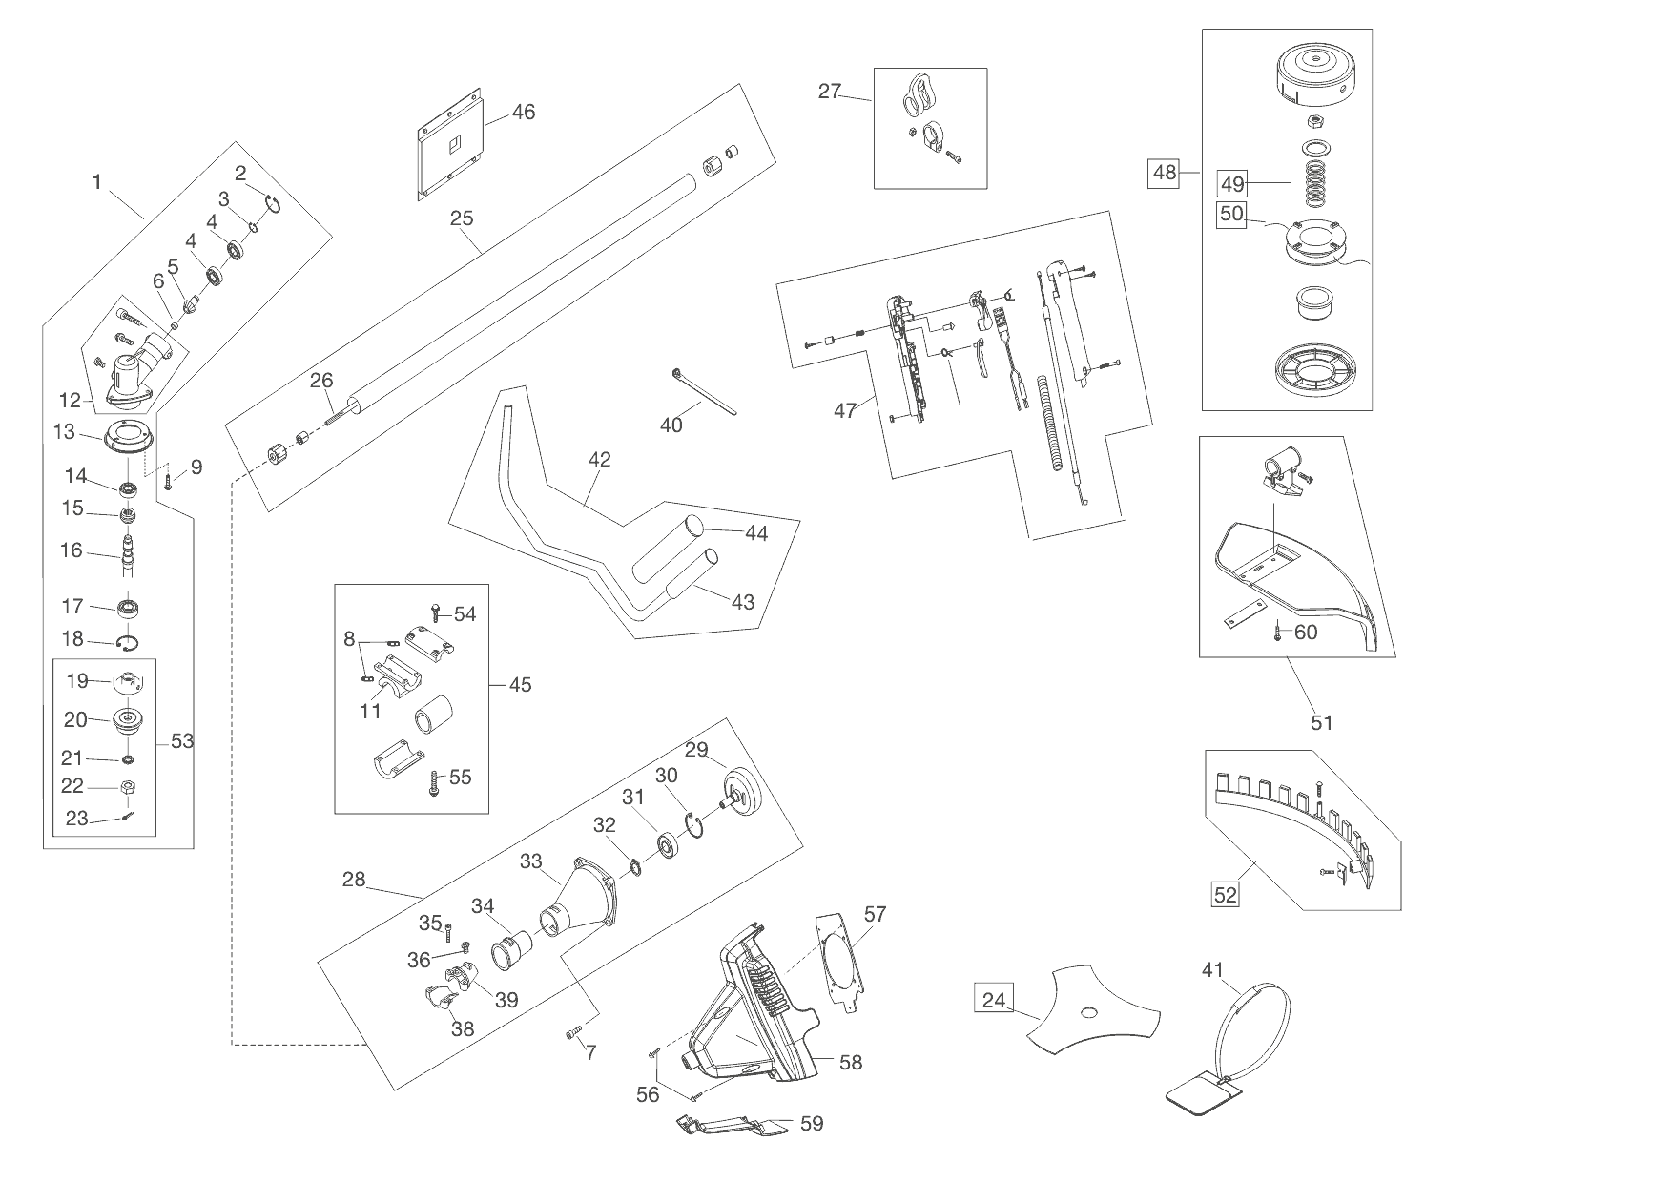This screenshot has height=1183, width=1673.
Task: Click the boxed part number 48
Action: (x=1165, y=173)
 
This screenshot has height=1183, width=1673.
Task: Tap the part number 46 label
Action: (x=524, y=112)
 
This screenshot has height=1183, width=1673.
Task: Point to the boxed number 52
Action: (x=1225, y=894)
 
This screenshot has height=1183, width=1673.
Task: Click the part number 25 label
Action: (x=462, y=218)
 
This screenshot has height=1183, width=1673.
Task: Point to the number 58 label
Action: (x=850, y=1062)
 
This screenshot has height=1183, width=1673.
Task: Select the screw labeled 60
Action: (x=1277, y=633)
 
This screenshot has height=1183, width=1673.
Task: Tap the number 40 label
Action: (x=671, y=425)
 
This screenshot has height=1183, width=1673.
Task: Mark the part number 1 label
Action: (x=96, y=181)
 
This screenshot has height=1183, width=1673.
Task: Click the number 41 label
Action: (x=1212, y=970)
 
